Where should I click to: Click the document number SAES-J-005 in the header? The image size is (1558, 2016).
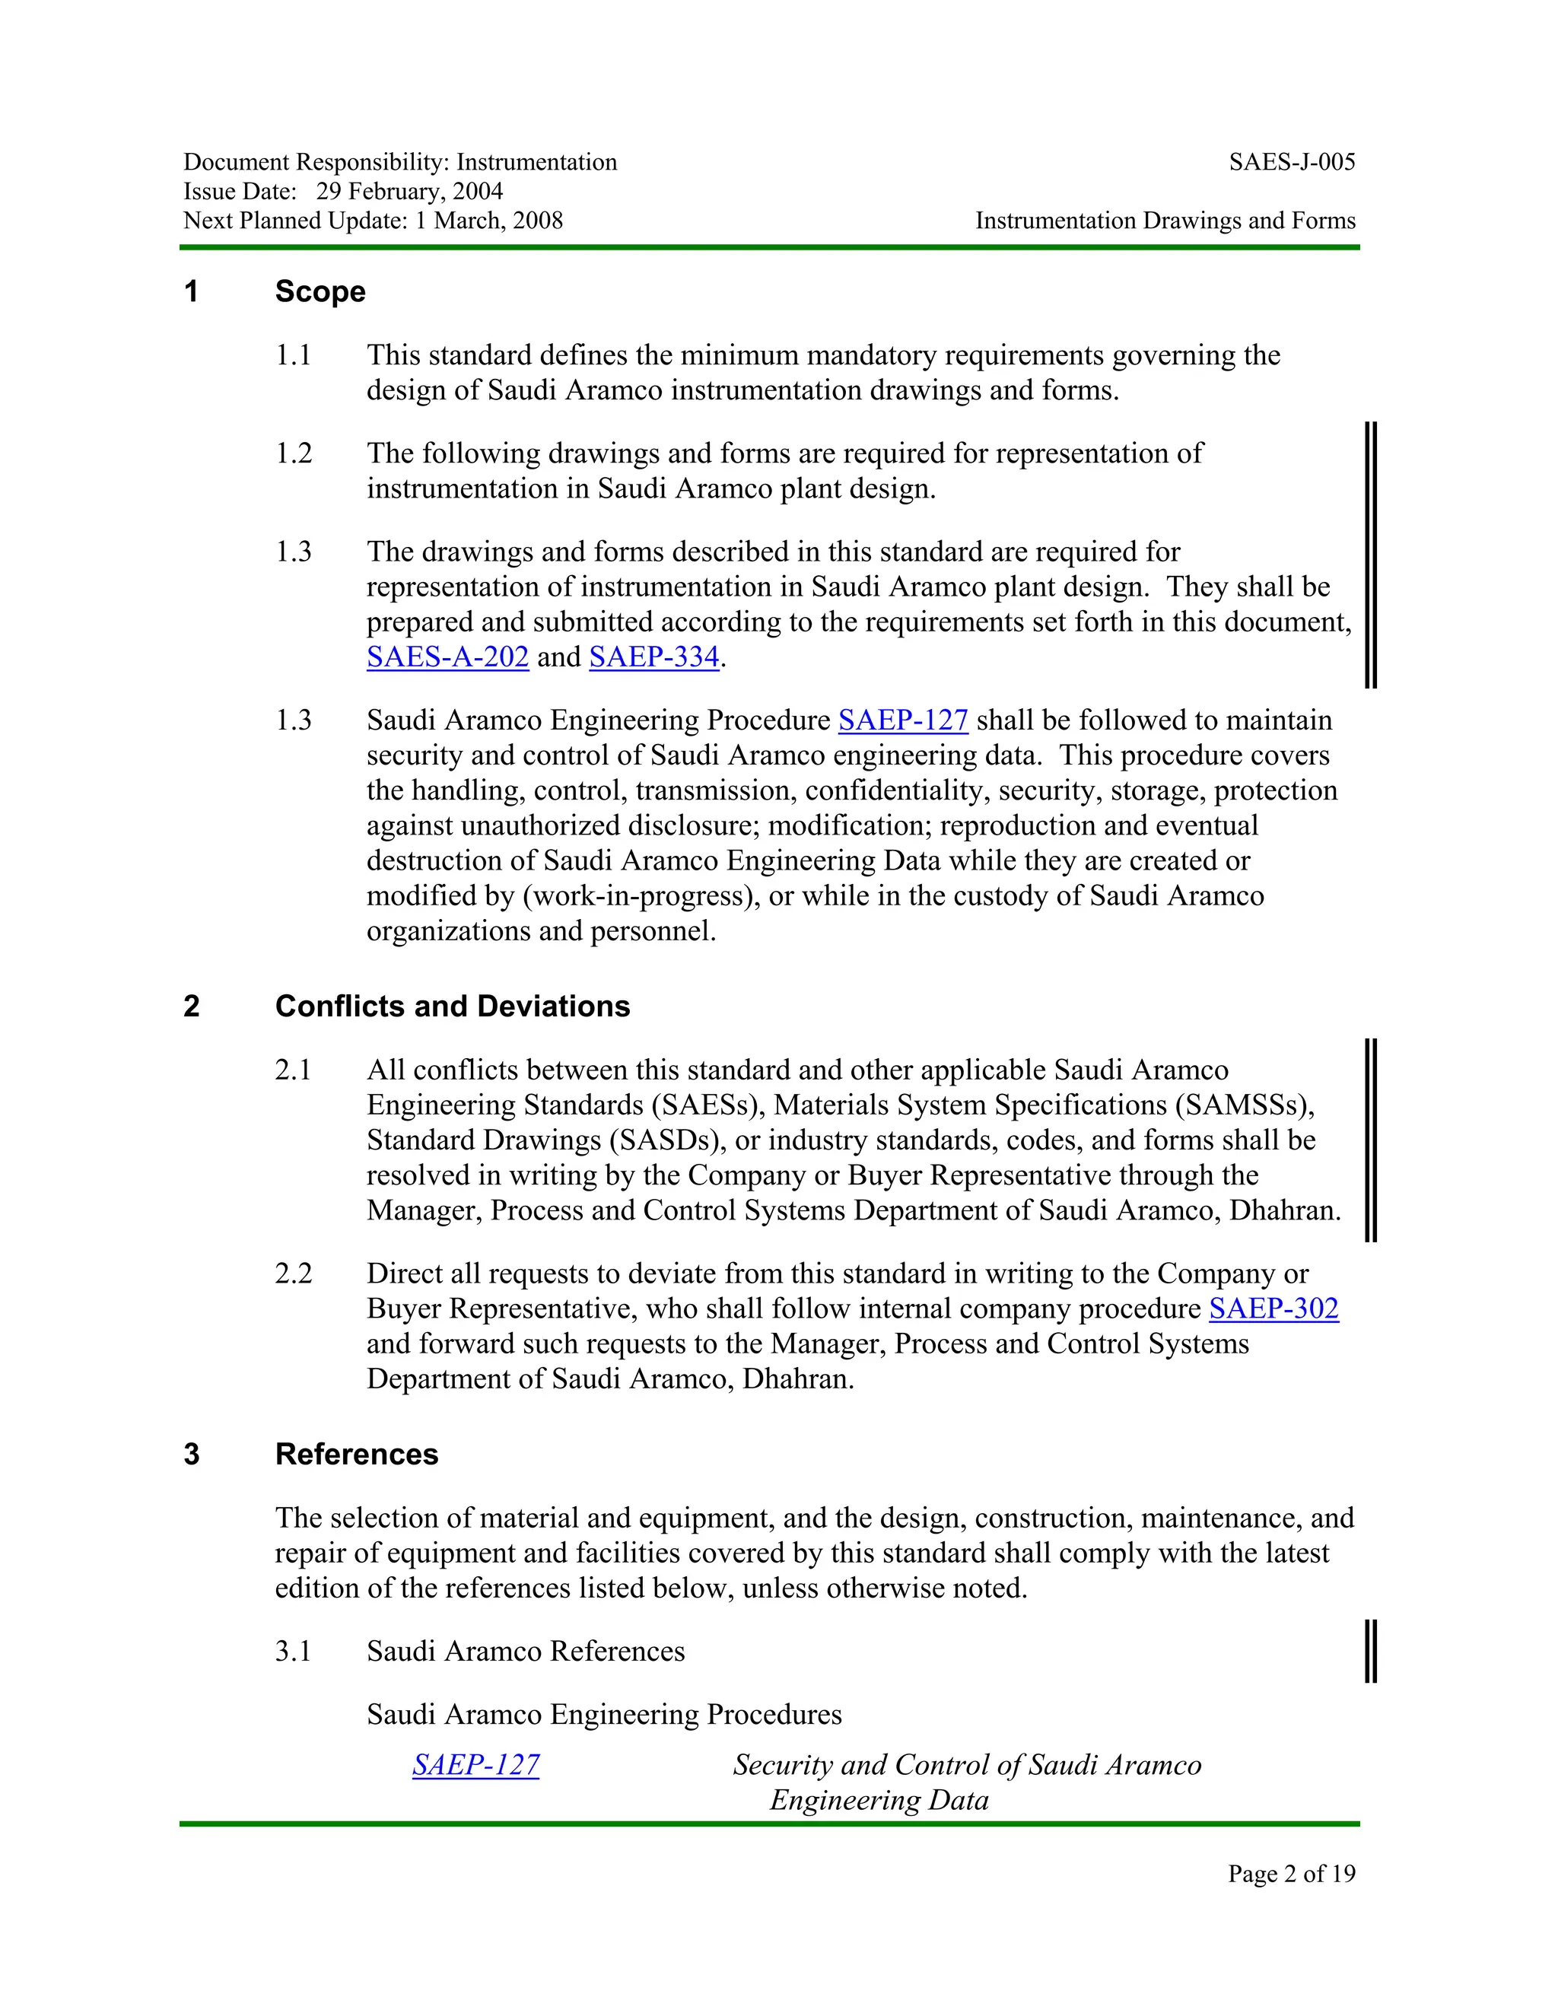pos(1291,163)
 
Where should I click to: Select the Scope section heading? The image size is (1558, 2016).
pos(320,291)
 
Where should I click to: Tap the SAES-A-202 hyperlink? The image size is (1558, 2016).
pos(447,657)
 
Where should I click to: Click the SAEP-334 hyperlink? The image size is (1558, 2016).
pos(653,657)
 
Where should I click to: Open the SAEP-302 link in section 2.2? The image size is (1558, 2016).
pos(1273,1309)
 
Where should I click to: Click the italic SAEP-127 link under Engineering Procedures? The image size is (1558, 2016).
pos(475,1765)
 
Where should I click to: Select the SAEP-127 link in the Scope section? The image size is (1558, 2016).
pos(903,720)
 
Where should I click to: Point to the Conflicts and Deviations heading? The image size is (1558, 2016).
pos(453,1006)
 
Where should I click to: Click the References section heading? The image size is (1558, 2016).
pos(356,1455)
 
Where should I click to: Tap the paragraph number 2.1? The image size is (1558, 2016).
pos(294,1070)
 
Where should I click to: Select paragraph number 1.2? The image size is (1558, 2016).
pos(294,453)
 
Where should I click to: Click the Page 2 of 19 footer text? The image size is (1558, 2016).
pos(1291,1873)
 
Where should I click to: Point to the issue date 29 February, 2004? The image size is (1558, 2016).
pos(410,191)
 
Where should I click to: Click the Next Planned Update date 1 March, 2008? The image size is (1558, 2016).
pos(489,221)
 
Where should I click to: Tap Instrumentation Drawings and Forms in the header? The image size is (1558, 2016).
pos(1165,221)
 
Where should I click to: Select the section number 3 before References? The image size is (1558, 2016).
pos(191,1455)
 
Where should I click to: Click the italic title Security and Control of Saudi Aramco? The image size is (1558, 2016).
pos(966,1765)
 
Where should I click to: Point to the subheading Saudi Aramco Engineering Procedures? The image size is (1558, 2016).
pos(603,1714)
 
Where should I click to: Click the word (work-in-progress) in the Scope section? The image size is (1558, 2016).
pos(640,896)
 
